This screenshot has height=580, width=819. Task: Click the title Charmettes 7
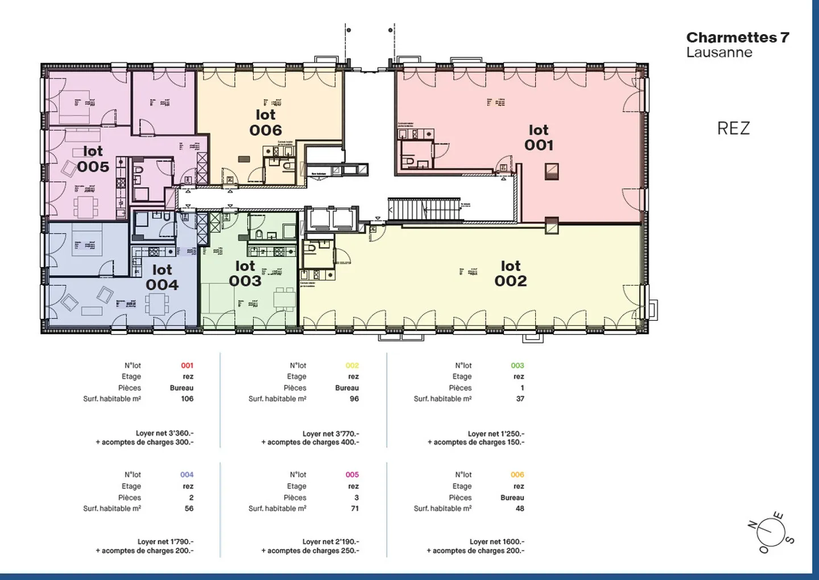point(738,38)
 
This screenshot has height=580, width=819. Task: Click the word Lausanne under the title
point(719,52)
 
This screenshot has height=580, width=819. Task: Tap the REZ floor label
point(733,129)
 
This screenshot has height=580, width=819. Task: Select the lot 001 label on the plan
point(539,138)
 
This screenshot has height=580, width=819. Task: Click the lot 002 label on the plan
point(510,274)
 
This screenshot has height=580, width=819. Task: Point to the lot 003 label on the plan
point(245,274)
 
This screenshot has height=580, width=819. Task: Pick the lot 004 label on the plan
point(162,277)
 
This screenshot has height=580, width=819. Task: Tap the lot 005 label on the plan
point(93,159)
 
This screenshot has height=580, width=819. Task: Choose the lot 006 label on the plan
point(266,123)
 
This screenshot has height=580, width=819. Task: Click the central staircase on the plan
point(424,209)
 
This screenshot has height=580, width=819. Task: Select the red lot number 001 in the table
point(187,366)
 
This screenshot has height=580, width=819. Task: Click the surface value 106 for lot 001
point(187,399)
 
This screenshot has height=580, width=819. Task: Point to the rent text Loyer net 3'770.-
point(330,433)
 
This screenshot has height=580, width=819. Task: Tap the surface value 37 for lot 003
point(520,399)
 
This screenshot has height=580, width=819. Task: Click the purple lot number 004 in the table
point(187,475)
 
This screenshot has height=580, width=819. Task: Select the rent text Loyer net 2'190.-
point(330,542)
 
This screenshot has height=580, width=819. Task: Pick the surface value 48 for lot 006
point(520,509)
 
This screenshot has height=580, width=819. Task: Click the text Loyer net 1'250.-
point(496,433)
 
